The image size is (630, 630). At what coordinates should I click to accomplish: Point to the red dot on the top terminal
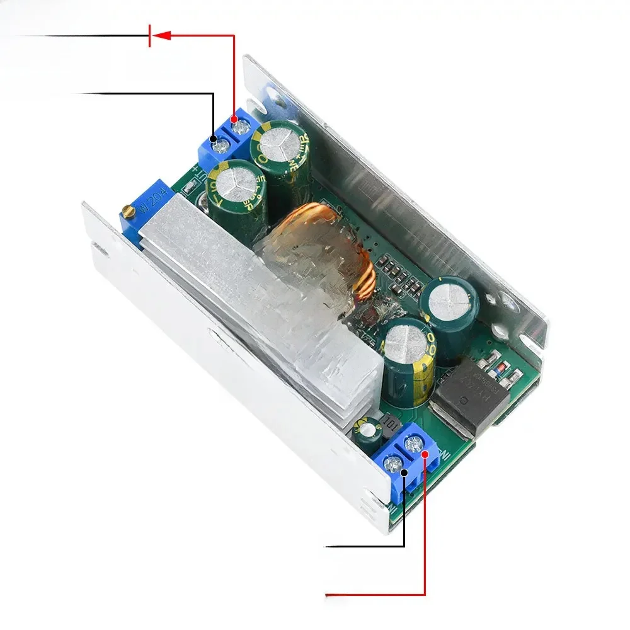tap(234, 118)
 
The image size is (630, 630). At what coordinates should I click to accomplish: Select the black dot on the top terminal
tap(213, 138)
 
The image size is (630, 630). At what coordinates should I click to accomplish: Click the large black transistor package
tap(469, 397)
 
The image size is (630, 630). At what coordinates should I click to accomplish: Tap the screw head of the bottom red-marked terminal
tap(414, 445)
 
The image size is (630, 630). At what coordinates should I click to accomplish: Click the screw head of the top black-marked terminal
tap(221, 147)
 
